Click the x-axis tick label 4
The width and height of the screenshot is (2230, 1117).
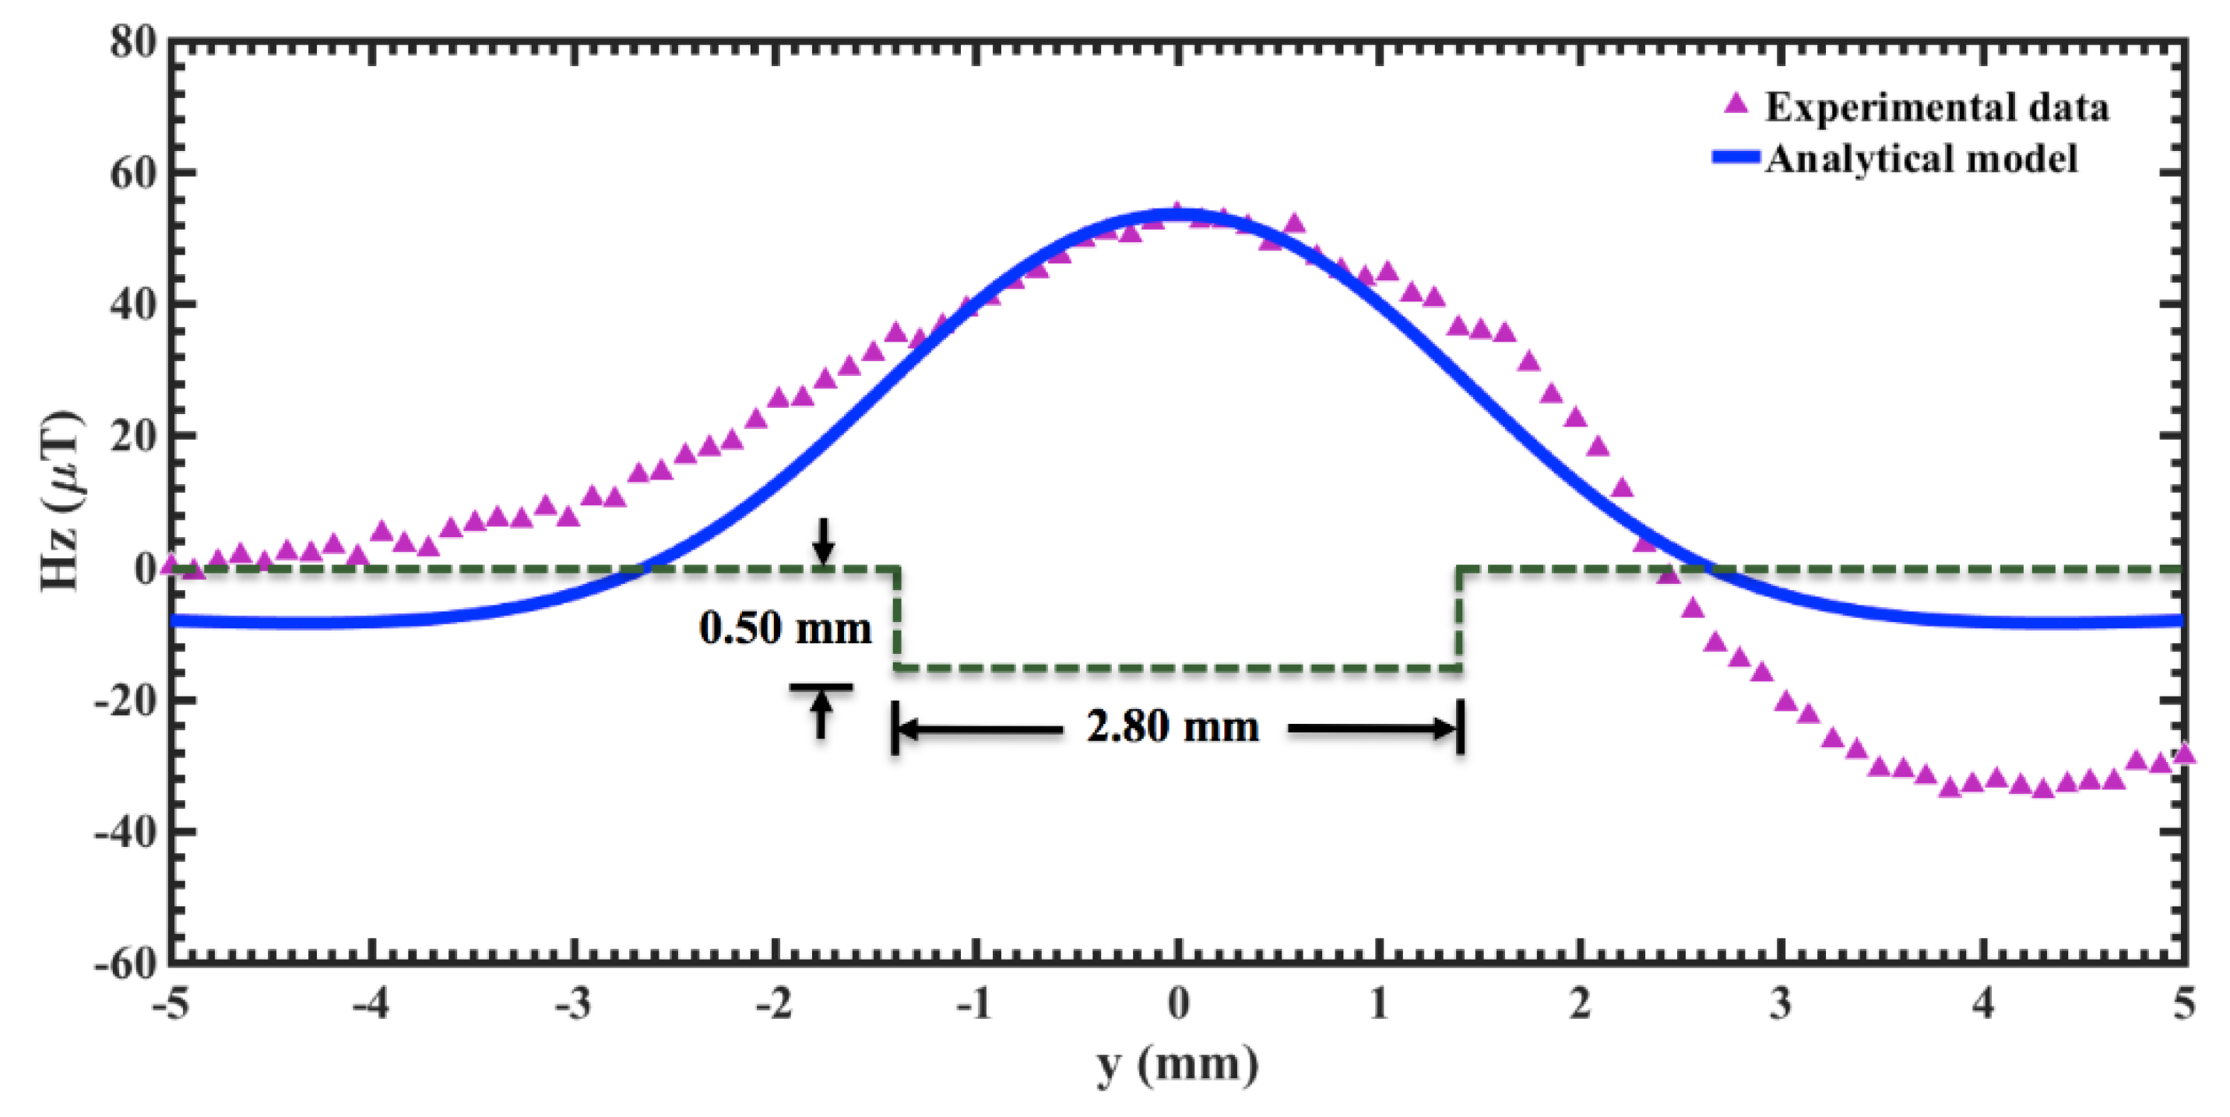[x=1982, y=1003]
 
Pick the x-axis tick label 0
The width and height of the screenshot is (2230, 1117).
[x=1178, y=1003]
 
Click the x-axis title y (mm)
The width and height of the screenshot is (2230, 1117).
[x=1177, y=1064]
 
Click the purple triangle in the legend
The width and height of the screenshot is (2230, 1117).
[x=1735, y=104]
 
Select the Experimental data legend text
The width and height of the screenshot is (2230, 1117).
[x=1936, y=107]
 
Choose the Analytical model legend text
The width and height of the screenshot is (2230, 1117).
[x=1921, y=158]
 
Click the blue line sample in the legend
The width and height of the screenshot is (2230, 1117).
[x=1735, y=157]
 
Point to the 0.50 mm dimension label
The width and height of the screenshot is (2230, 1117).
[x=784, y=628]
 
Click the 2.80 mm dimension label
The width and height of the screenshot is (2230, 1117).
[x=1172, y=727]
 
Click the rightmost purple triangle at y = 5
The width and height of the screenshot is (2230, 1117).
[x=2184, y=753]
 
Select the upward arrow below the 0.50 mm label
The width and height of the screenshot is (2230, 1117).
[x=821, y=714]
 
